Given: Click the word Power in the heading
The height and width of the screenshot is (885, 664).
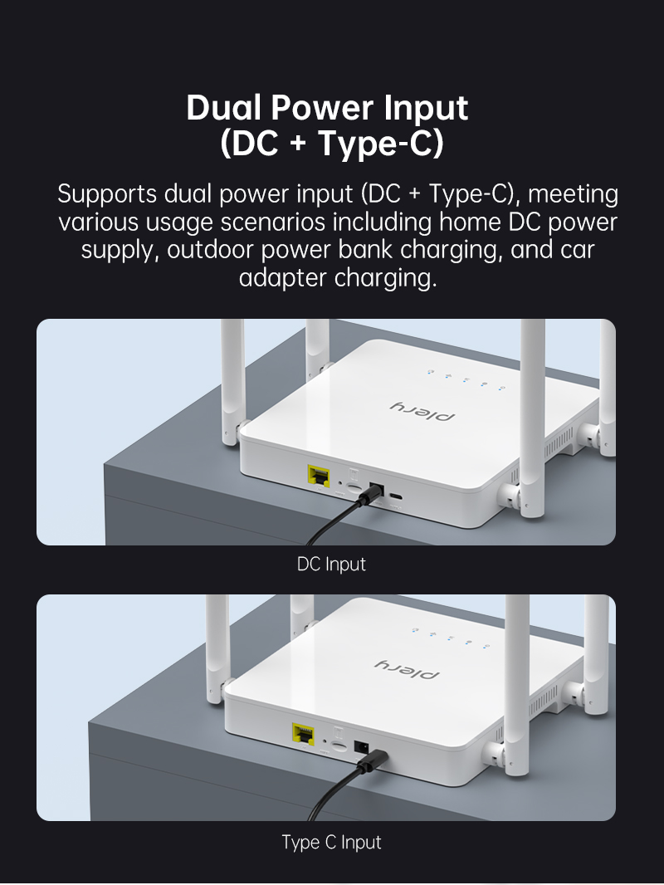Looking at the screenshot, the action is [x=322, y=107].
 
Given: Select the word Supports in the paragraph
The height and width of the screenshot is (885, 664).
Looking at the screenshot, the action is [x=107, y=195].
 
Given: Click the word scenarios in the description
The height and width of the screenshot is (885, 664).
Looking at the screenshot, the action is [x=272, y=222].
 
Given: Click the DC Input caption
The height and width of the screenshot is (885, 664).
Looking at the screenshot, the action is [x=332, y=564].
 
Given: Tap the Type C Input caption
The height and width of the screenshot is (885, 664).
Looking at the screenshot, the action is [x=332, y=842].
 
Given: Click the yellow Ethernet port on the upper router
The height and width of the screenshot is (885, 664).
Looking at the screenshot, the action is [x=319, y=477].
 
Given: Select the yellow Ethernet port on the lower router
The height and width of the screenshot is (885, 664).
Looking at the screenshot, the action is [x=304, y=734].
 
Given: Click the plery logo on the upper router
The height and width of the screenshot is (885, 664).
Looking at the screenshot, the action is [x=422, y=412].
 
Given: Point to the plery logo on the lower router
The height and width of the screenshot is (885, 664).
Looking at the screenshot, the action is [x=407, y=669].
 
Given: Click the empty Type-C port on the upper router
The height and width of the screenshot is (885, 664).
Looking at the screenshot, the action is [x=397, y=497].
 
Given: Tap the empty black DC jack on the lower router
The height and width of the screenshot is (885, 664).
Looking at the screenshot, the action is [x=362, y=748].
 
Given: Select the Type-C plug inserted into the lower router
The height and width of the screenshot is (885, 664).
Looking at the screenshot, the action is [x=373, y=760].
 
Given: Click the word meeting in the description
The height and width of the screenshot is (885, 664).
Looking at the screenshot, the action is [x=574, y=195].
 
